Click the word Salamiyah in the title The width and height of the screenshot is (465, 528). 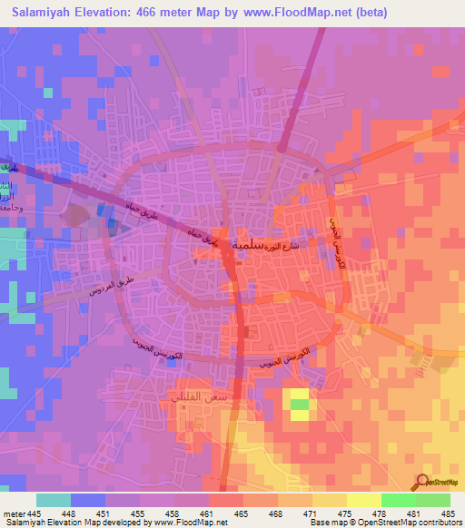(44, 13)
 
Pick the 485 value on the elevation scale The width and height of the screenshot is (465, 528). (447, 513)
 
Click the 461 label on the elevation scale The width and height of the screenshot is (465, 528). (208, 513)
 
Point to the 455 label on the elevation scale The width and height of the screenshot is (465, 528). (139, 513)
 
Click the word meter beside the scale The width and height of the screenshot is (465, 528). (13, 513)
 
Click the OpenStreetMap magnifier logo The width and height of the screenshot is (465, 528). (422, 484)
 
